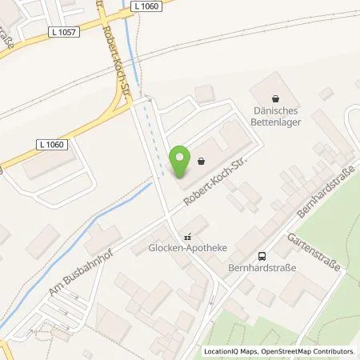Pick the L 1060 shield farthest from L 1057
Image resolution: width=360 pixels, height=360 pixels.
50,143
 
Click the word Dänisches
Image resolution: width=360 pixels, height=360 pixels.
275,111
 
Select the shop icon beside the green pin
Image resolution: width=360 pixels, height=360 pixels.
199,160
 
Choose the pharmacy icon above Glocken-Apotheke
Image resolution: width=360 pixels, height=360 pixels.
188,236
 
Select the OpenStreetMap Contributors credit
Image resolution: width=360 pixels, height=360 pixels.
305,352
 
